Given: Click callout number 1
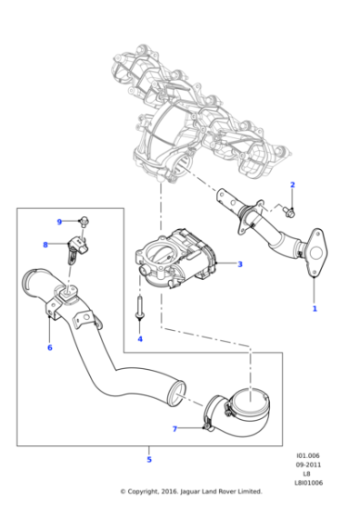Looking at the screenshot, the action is [315, 308].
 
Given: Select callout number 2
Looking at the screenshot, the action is [292, 185].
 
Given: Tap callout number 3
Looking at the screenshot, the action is [240, 264].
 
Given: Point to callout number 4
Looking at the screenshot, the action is [140, 339].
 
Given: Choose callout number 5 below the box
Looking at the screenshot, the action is [149, 459].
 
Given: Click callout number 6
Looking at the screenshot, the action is [50, 347].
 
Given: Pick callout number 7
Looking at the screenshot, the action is [175, 429].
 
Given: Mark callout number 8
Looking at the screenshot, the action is [45, 245].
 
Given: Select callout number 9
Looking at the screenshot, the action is [59, 222].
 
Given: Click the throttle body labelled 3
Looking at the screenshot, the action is [176, 259].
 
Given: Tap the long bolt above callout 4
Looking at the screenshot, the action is [140, 307].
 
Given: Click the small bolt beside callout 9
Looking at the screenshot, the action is [84, 221].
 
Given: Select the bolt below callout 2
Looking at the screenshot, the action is [288, 211].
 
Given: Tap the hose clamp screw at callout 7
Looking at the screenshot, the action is [208, 427].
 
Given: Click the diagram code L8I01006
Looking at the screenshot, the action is [308, 483].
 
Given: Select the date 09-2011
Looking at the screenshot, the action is [308, 464].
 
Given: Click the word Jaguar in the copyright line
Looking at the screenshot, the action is [190, 492].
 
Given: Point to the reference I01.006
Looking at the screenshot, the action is [308, 455].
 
